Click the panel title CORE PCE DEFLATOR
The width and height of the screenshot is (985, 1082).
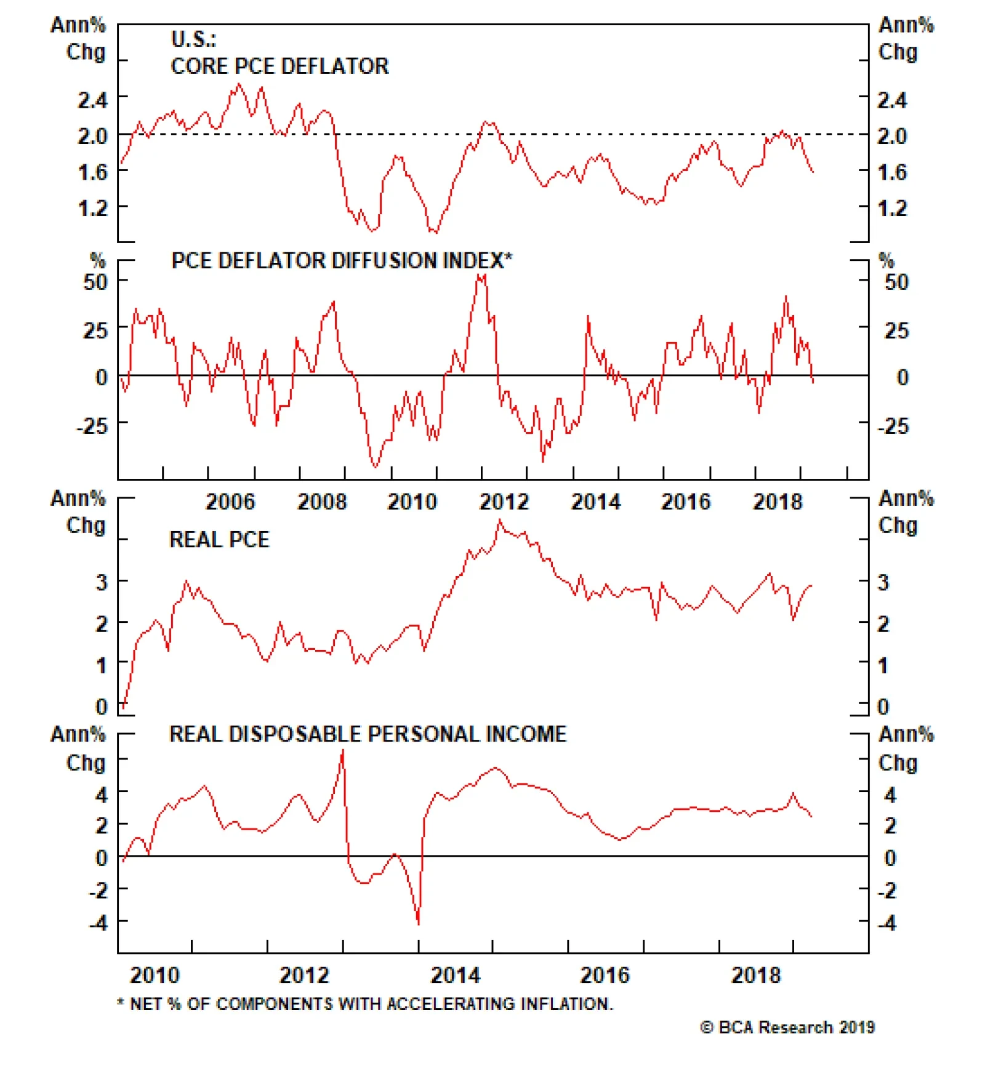[279, 66]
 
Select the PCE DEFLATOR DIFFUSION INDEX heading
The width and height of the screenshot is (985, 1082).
[341, 260]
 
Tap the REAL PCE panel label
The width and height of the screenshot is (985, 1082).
[219, 540]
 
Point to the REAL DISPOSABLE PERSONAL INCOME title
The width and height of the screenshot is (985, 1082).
[368, 734]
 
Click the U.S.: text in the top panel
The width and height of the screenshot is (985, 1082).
[193, 39]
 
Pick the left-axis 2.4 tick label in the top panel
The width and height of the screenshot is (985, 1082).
[92, 100]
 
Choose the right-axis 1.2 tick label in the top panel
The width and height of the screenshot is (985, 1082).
[892, 208]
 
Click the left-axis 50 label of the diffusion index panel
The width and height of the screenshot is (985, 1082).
[96, 282]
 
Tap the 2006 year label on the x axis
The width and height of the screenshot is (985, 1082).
[230, 502]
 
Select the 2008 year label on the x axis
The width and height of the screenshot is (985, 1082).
[322, 502]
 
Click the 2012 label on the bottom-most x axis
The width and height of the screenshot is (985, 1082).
[304, 975]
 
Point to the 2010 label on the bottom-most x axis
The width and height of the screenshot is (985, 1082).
[155, 975]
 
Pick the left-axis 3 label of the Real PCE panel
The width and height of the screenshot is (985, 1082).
[102, 582]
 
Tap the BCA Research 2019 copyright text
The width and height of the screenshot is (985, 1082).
[787, 1027]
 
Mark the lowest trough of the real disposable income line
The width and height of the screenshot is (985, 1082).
[419, 923]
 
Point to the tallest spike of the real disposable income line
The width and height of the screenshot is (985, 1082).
[343, 750]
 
